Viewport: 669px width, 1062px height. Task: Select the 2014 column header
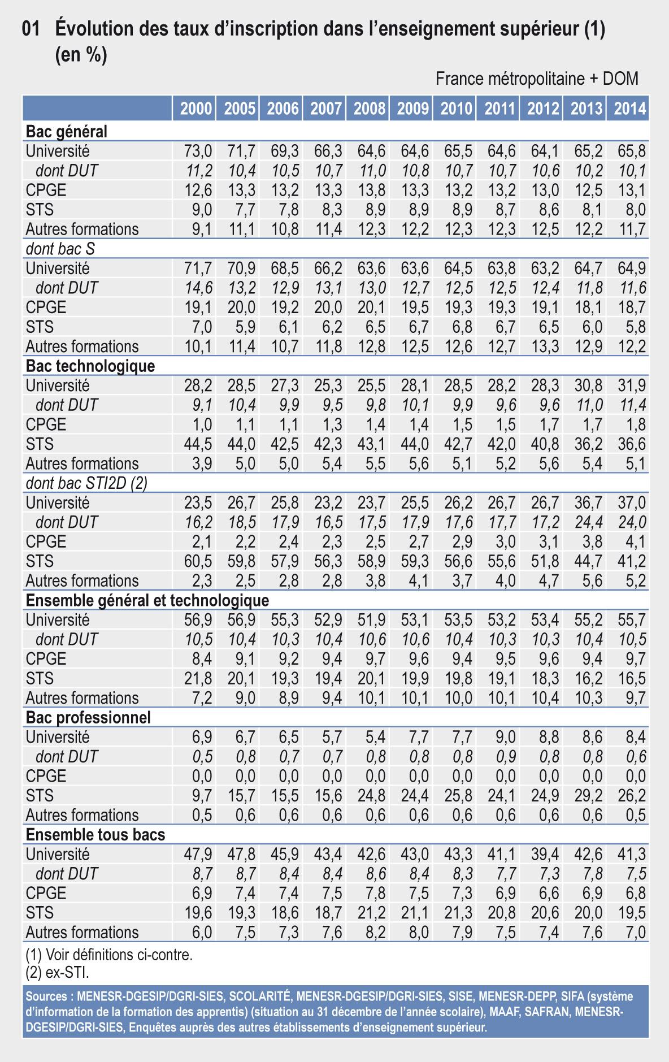coord(629,109)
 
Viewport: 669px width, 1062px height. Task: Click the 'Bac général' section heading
coord(67,132)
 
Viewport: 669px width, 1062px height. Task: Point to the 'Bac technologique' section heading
coord(90,366)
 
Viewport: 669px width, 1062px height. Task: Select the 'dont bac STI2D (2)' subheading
coord(86,483)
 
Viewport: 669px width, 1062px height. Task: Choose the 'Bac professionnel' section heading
coord(88,717)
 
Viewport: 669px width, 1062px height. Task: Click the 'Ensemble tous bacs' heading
coord(95,835)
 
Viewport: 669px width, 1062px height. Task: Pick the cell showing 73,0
coord(198,151)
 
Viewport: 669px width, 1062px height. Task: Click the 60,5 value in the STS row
coord(198,561)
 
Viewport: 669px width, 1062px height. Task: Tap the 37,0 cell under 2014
coord(632,502)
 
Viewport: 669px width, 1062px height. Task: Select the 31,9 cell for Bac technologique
coord(632,385)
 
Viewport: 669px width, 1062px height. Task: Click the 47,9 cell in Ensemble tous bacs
coord(198,854)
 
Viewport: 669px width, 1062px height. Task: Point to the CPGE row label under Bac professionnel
coord(46,776)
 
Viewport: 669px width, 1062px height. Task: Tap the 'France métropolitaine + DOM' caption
coord(537,79)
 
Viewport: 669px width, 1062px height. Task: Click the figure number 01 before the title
coord(31,30)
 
